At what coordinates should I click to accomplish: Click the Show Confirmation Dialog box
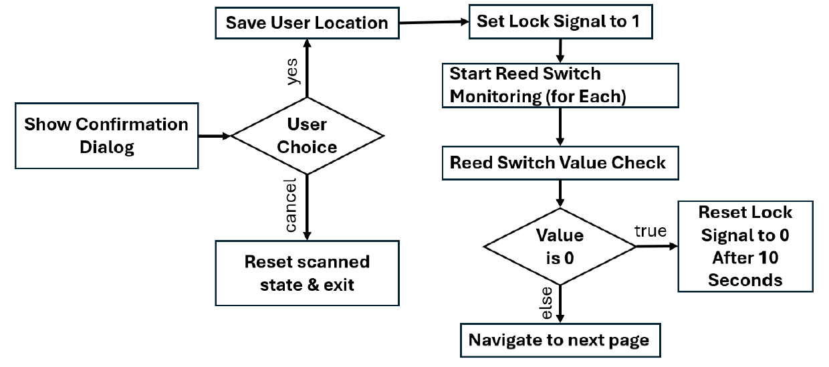point(106,136)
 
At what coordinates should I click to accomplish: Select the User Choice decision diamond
point(307,136)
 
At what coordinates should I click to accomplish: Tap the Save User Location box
point(306,23)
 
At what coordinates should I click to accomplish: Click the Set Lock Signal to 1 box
point(558,21)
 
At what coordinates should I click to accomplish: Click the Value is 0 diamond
point(560,245)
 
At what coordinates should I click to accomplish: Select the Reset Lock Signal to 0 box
point(745,246)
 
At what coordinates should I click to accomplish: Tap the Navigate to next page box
point(558,340)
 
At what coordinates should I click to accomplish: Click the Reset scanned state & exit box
point(307,273)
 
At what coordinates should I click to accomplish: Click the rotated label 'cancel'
point(291,206)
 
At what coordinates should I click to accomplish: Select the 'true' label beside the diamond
point(650,231)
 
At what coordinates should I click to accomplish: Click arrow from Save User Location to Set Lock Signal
point(433,22)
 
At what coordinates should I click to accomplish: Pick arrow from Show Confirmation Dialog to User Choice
point(215,136)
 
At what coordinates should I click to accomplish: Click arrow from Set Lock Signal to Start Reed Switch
point(560,50)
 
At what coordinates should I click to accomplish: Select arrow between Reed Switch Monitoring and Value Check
point(560,128)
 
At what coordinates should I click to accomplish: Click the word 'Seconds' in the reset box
point(745,280)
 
